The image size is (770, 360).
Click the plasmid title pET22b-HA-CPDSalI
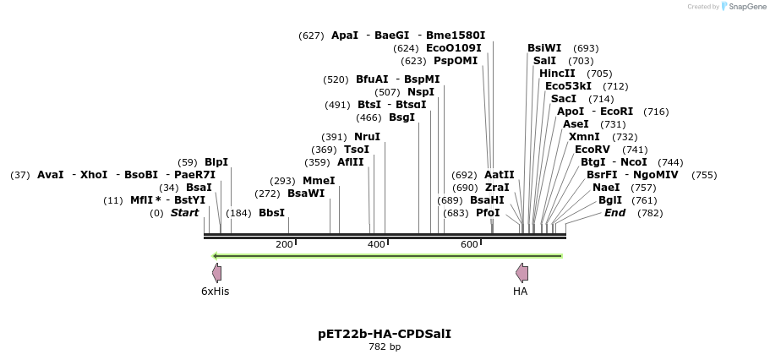click(385, 334)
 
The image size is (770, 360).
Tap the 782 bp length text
click(385, 347)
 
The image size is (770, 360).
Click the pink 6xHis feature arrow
click(217, 272)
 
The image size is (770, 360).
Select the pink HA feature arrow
click(522, 272)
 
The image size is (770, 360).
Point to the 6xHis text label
click(215, 292)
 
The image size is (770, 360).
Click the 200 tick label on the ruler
click(284, 244)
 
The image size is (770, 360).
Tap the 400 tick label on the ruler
click(376, 244)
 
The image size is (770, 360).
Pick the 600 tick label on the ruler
click(469, 244)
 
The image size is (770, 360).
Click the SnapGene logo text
click(740, 6)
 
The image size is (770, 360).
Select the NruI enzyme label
click(367, 137)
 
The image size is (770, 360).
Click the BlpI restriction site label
click(216, 162)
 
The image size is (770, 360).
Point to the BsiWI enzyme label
click(544, 48)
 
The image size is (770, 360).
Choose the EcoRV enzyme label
click(592, 150)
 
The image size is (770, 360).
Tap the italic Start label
click(184, 213)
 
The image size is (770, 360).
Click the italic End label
click(614, 213)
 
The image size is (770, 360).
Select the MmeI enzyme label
click(319, 181)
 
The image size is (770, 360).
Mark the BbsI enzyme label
click(271, 213)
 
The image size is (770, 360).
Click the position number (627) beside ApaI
click(311, 35)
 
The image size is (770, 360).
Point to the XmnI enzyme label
click(584, 137)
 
